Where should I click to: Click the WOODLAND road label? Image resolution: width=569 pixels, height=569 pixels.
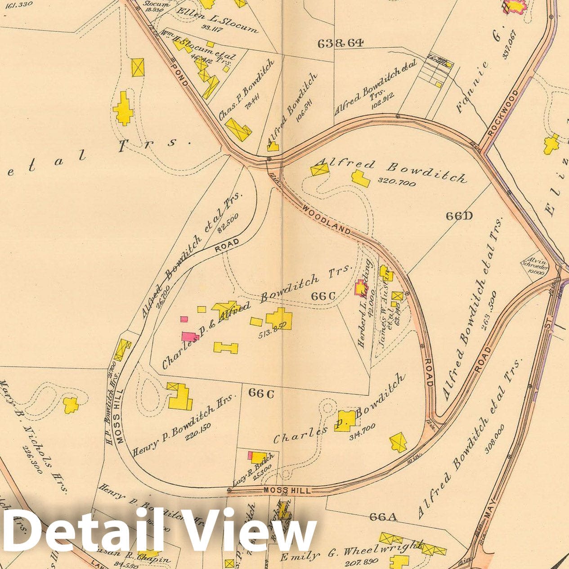(x=327, y=220)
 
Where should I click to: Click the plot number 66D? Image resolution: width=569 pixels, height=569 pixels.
(x=459, y=216)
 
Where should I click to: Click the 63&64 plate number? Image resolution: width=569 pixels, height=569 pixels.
(x=340, y=43)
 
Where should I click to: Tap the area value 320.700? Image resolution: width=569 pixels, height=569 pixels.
(x=397, y=181)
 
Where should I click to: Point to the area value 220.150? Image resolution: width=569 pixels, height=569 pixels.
(x=197, y=425)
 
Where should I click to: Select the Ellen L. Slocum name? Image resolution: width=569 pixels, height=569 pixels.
(x=217, y=20)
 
